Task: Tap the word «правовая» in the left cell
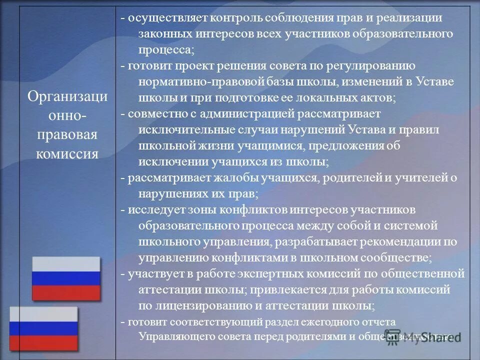(67, 134)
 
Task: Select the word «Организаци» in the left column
(67, 96)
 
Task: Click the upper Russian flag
(66, 278)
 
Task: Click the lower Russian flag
(44, 328)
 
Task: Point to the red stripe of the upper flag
(66, 292)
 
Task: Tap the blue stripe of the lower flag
(44, 328)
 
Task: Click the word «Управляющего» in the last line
(170, 336)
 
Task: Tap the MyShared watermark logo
(422, 337)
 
